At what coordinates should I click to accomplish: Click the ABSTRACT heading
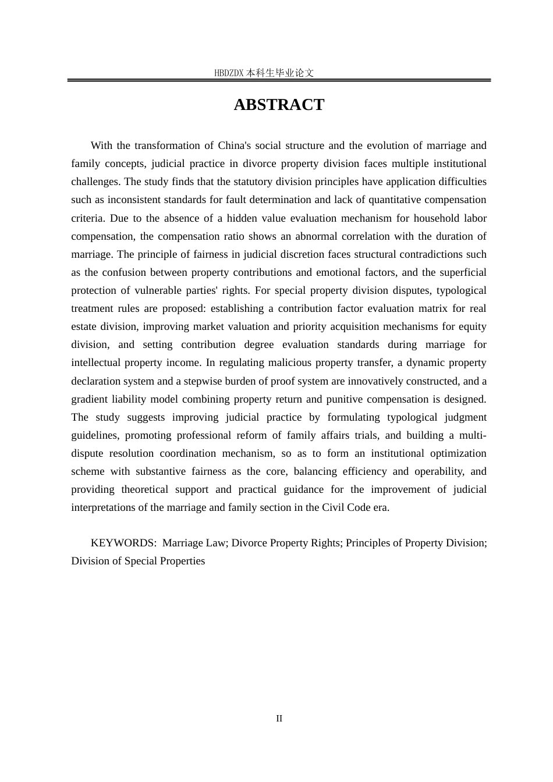279,105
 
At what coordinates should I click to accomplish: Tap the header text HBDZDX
228,73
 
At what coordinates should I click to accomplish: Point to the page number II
279,719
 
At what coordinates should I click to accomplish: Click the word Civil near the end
332,507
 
